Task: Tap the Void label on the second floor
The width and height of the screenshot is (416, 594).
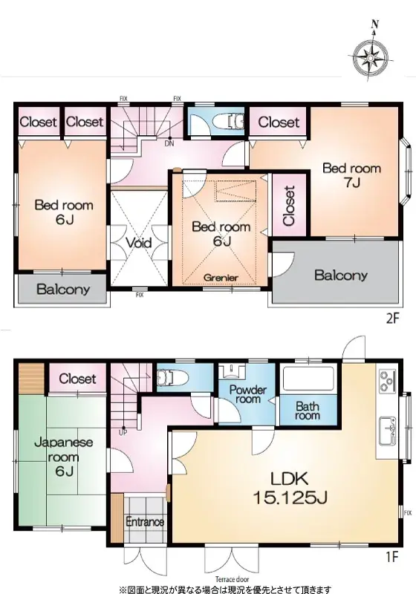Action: click(138, 243)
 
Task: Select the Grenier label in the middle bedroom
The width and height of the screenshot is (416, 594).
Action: click(221, 278)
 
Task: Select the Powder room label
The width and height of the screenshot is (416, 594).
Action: click(247, 394)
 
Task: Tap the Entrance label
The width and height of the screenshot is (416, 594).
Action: click(144, 522)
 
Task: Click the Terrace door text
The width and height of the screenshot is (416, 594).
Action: click(232, 576)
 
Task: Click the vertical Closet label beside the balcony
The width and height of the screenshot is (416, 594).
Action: click(288, 206)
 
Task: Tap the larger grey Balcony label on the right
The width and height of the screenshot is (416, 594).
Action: click(340, 275)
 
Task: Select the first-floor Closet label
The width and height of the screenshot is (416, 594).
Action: click(78, 379)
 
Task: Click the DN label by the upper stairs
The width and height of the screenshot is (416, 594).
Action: click(170, 144)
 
